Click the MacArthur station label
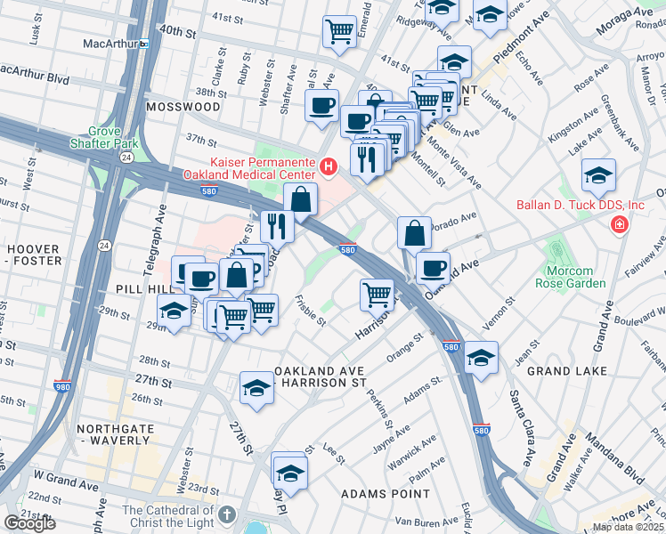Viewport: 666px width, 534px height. (x=120, y=43)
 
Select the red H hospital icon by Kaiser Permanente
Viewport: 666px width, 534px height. (x=329, y=166)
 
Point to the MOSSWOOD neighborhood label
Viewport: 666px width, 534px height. (x=183, y=106)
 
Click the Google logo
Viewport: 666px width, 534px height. (x=29, y=523)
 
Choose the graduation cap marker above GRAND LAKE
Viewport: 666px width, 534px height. (x=481, y=358)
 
